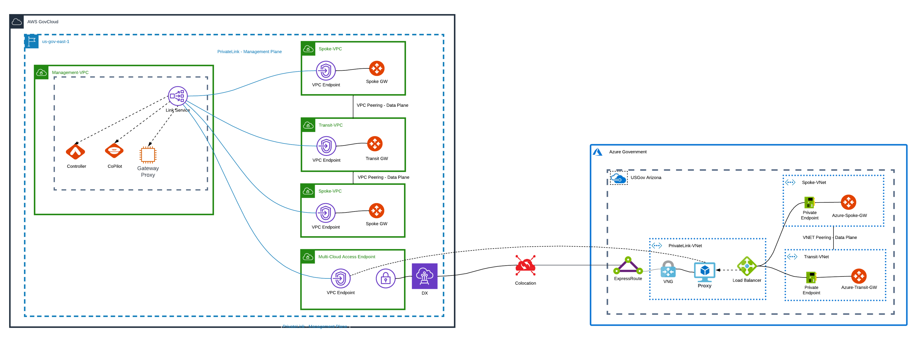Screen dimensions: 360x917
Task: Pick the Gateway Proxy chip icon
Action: click(148, 155)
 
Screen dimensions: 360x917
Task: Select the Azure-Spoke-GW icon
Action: click(848, 202)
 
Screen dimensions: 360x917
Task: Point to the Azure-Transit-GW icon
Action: click(859, 276)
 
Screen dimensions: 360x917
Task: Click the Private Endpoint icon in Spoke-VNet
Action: click(810, 202)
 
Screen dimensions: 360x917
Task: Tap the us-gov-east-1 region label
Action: click(55, 42)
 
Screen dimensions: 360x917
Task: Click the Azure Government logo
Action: click(597, 152)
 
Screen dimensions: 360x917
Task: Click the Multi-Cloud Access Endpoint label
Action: click(346, 257)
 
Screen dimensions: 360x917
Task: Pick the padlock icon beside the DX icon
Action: click(385, 278)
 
